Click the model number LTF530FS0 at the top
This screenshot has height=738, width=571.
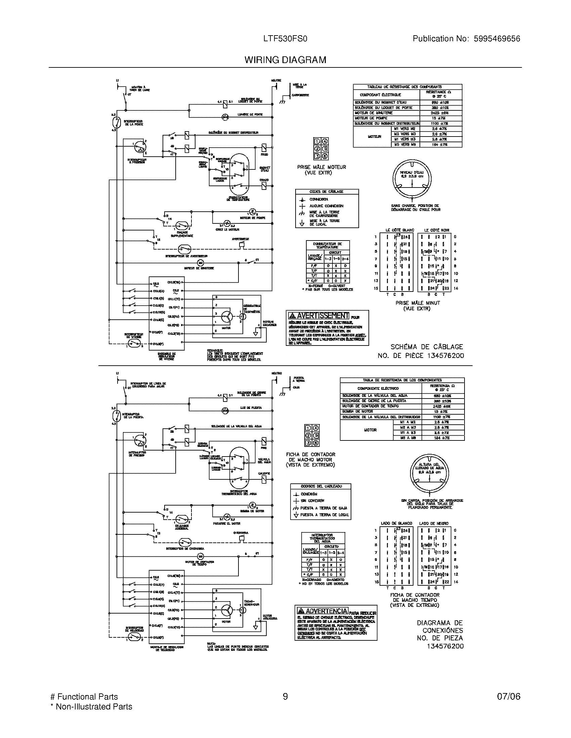[x=285, y=39]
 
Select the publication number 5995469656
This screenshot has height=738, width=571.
[x=497, y=39]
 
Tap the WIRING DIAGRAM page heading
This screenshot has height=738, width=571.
[x=285, y=60]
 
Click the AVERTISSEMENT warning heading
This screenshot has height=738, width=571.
[x=319, y=316]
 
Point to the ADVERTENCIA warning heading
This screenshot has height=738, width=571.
[x=322, y=611]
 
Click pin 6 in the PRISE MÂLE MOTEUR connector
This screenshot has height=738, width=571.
[x=324, y=156]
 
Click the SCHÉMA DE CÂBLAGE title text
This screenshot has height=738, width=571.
[x=426, y=347]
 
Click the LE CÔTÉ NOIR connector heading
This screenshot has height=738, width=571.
[x=436, y=230]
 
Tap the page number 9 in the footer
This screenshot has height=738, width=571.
[x=285, y=697]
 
